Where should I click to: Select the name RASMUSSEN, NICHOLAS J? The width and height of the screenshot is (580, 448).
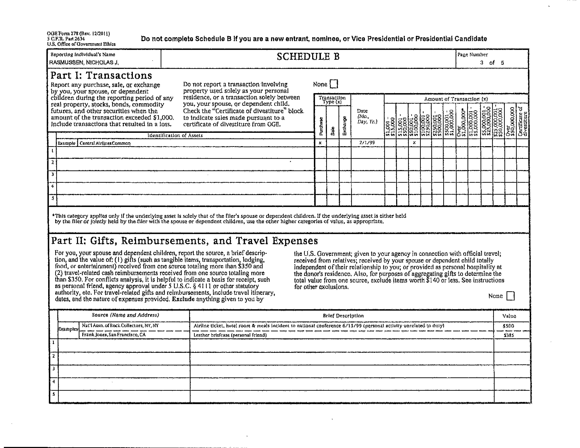point(84,63)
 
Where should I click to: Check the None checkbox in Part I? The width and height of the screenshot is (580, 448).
point(334,84)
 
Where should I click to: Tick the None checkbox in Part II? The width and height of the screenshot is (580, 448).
point(510,296)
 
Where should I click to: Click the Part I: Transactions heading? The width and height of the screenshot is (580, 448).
point(101,76)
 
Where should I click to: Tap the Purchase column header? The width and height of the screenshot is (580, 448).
point(321,126)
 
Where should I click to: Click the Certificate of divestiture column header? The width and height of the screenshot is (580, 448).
point(522,121)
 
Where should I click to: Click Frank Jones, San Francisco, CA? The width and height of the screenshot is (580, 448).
point(114,335)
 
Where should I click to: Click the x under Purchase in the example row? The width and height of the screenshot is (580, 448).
point(320,143)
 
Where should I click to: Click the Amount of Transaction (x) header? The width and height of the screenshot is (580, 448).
point(456,99)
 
